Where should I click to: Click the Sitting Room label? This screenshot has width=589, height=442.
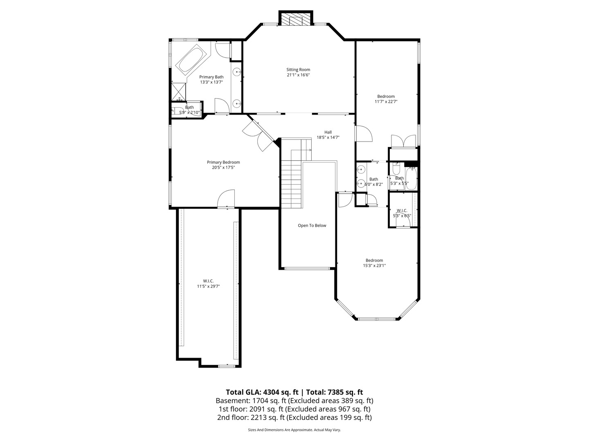[298, 70]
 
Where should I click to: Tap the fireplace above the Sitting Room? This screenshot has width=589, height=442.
[296, 18]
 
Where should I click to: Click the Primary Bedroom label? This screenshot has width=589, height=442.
[223, 162]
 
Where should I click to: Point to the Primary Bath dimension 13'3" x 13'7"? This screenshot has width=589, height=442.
[211, 82]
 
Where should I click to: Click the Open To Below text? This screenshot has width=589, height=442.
[312, 226]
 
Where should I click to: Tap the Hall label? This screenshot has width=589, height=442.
[328, 132]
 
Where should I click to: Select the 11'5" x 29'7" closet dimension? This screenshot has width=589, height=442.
[209, 286]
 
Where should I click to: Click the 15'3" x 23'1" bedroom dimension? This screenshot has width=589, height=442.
[374, 266]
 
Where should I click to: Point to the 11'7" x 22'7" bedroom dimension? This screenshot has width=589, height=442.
[386, 101]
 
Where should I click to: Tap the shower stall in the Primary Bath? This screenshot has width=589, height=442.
[179, 92]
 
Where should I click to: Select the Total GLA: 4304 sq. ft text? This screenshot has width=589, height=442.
[262, 392]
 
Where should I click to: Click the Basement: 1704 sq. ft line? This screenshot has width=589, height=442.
[294, 401]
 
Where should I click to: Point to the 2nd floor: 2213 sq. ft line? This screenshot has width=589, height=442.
[294, 417]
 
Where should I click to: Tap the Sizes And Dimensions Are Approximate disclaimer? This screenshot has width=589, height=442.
[294, 430]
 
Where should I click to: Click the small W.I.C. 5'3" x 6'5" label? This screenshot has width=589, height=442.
[402, 213]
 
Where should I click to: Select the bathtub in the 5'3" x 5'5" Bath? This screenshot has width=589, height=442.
[411, 178]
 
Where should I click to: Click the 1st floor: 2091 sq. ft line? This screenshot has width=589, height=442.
[294, 409]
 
